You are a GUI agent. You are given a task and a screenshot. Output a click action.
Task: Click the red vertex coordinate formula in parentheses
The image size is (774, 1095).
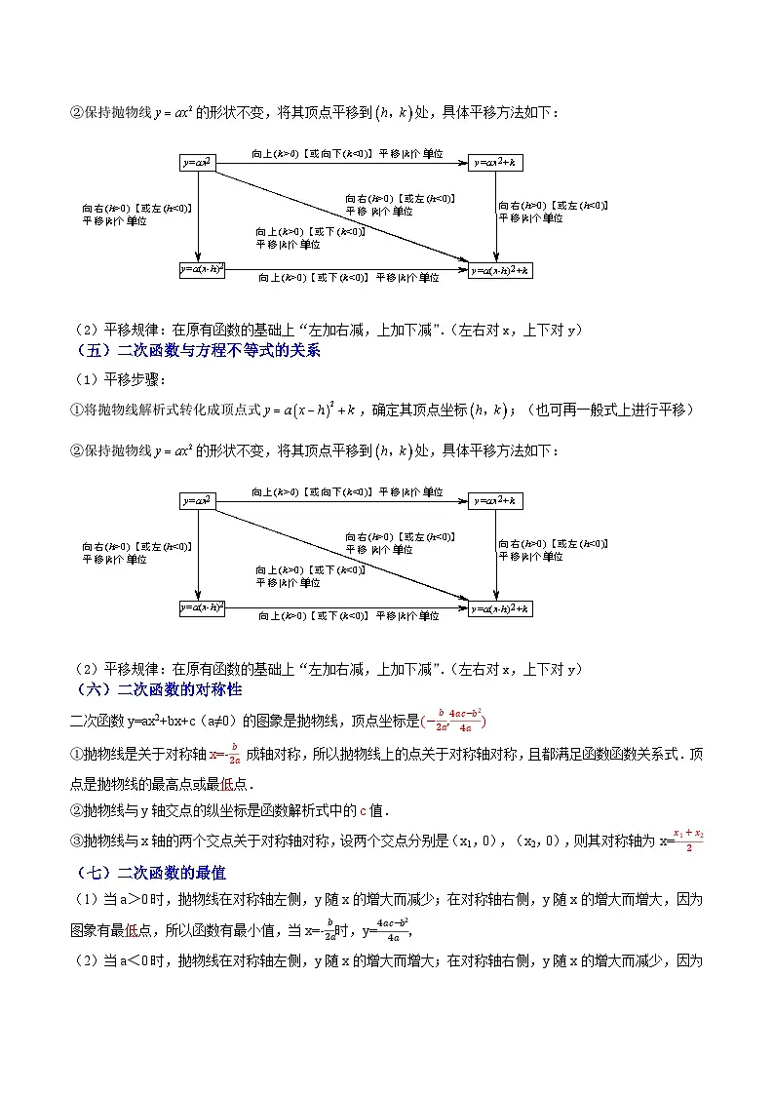(x=453, y=720)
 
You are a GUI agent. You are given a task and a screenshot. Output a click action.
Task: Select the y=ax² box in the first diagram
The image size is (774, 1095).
(x=198, y=163)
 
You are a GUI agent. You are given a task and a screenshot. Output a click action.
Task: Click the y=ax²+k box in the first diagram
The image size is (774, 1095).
(x=494, y=163)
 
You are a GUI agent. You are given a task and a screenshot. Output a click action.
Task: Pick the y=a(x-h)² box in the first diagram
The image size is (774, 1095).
(x=203, y=270)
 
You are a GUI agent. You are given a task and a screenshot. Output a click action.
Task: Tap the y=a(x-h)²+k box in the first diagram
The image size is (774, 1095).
(x=501, y=270)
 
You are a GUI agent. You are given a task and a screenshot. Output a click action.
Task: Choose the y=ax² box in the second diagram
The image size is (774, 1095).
(x=198, y=500)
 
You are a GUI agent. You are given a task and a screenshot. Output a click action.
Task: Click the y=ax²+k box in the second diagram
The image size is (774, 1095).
(x=494, y=500)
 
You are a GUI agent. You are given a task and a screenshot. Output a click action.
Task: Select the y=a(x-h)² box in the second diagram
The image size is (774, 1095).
(x=203, y=607)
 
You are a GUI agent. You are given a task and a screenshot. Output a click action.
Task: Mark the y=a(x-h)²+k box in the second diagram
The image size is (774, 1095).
(x=501, y=607)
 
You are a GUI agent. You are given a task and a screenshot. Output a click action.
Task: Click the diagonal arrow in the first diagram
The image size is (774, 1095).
(x=341, y=216)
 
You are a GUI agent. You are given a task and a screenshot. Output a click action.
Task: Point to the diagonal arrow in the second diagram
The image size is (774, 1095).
(x=341, y=554)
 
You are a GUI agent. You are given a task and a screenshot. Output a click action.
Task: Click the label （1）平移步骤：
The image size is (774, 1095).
(x=117, y=380)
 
